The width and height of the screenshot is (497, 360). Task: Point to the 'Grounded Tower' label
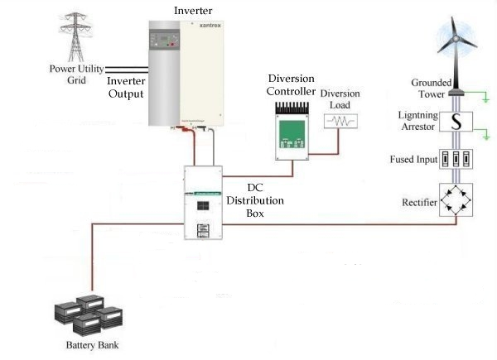(429, 89)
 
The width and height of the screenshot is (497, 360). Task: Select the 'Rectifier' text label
(418, 203)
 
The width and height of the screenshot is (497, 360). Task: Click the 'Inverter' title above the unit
(193, 9)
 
